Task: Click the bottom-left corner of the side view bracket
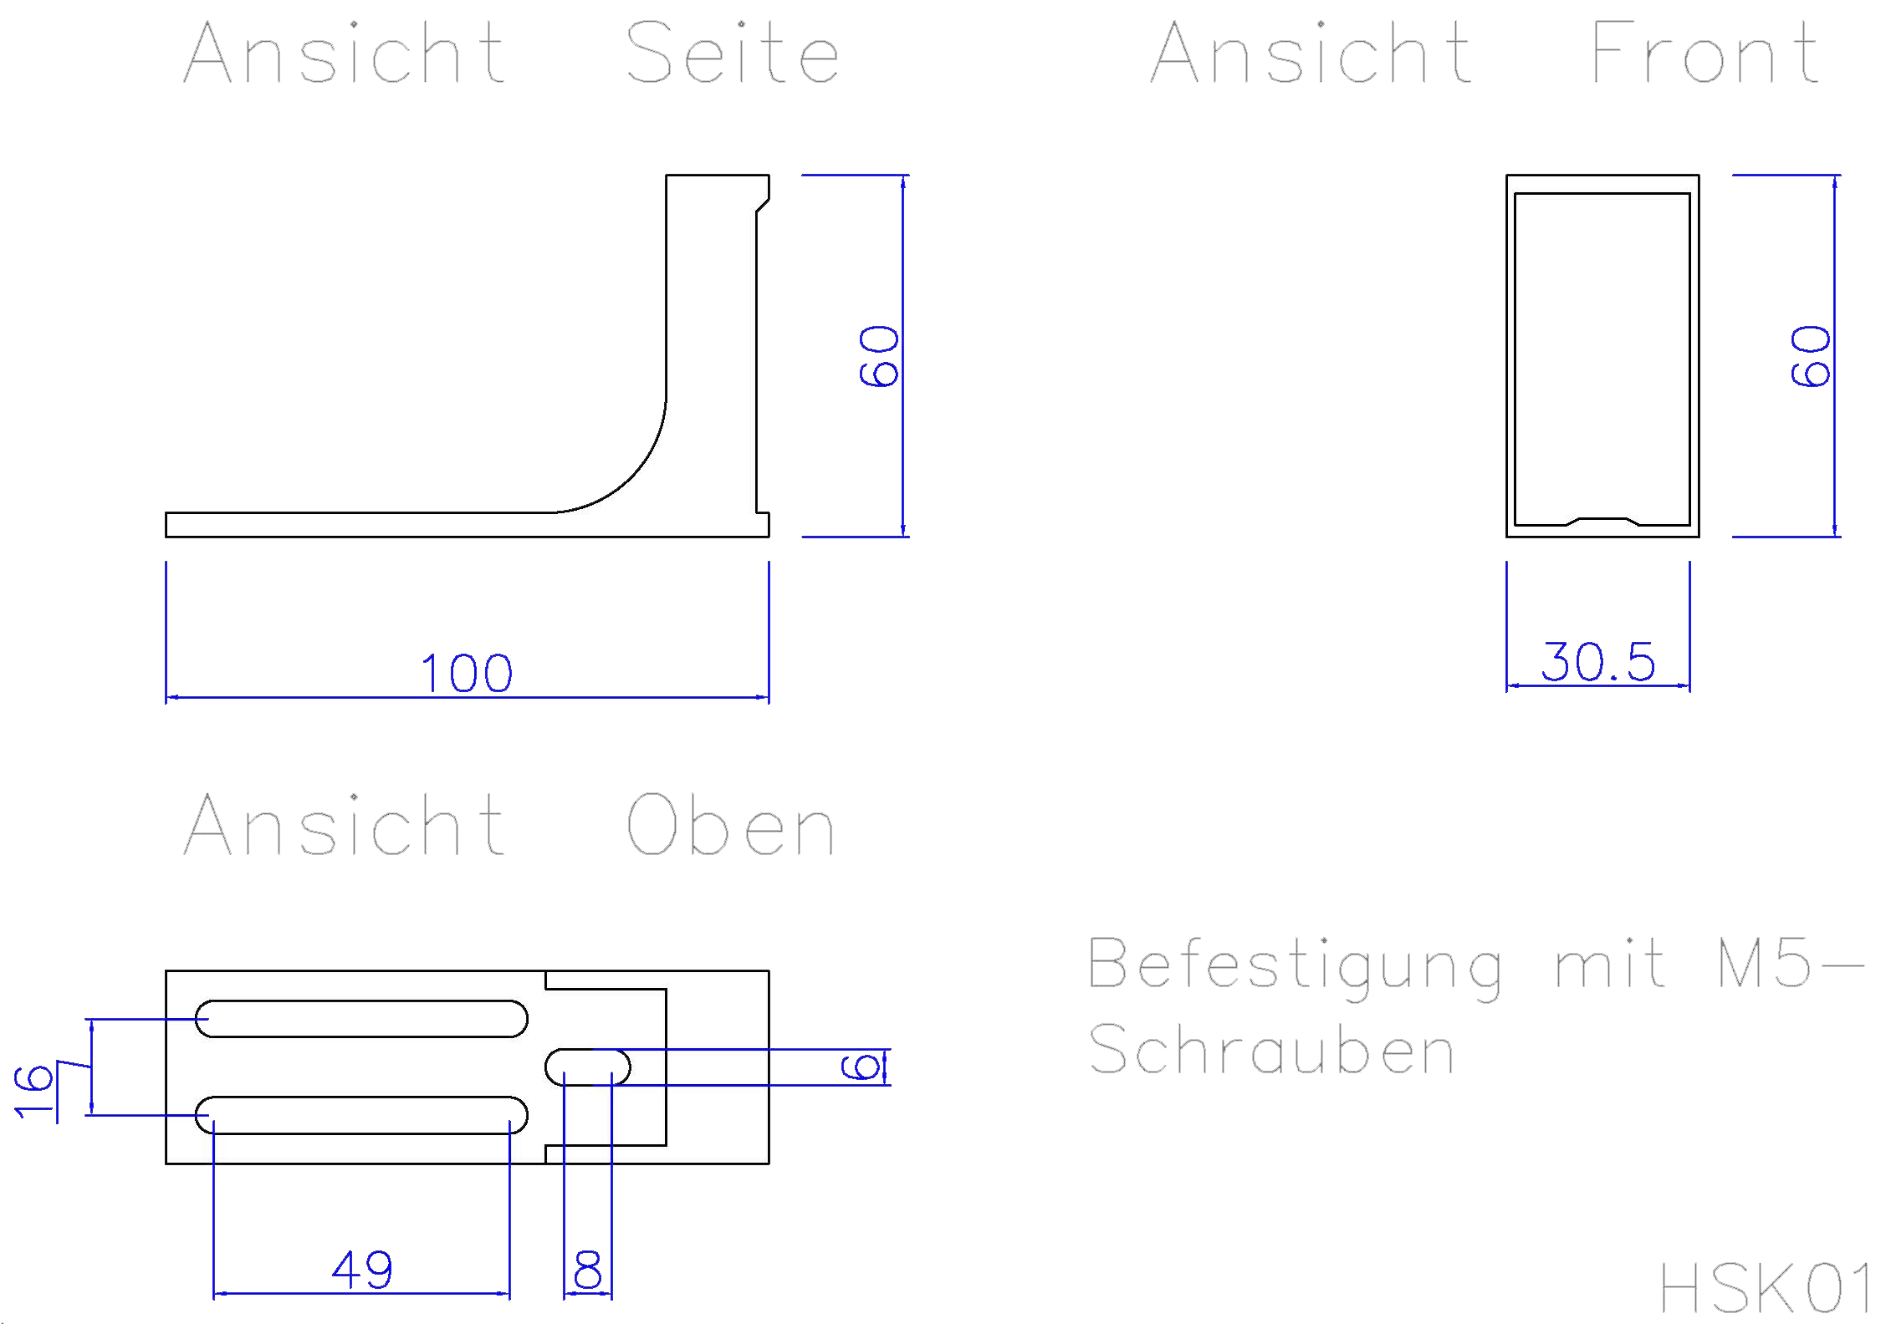(166, 537)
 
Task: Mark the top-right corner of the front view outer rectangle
(1699, 176)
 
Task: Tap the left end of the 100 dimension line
(166, 696)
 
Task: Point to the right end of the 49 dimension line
(509, 1293)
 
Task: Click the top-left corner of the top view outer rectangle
(166, 971)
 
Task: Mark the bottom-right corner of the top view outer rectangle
(769, 1164)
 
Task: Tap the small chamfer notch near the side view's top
(763, 206)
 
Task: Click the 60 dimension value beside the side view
(878, 356)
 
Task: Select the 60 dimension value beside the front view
(1810, 356)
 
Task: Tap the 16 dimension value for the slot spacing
(33, 1092)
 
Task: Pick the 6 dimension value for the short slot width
(860, 1067)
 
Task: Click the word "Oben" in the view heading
(730, 825)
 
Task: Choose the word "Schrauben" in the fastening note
(1271, 1049)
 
